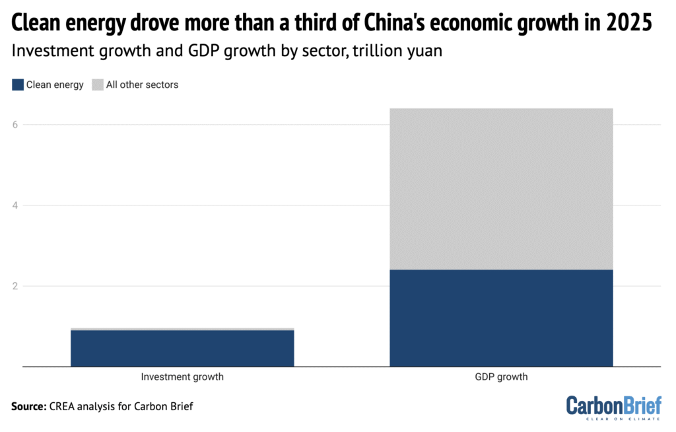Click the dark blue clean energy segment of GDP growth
click(501, 317)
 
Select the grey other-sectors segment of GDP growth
click(501, 188)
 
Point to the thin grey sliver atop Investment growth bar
click(182, 328)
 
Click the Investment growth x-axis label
click(182, 377)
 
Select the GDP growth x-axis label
click(501, 377)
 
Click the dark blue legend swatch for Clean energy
click(17, 85)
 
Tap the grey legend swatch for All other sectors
click(98, 85)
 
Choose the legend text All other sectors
click(142, 85)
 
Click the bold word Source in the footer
click(28, 406)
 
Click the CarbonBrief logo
click(614, 405)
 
